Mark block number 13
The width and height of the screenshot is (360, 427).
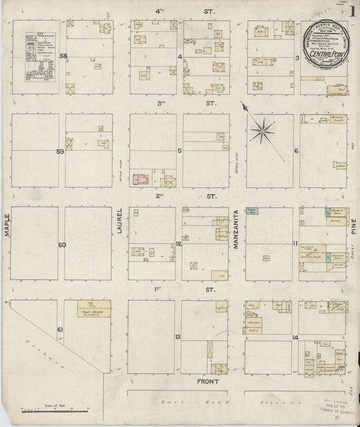click(x=178, y=336)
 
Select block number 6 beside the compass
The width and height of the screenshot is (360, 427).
click(x=296, y=150)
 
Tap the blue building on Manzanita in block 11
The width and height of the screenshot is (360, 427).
click(x=252, y=212)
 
